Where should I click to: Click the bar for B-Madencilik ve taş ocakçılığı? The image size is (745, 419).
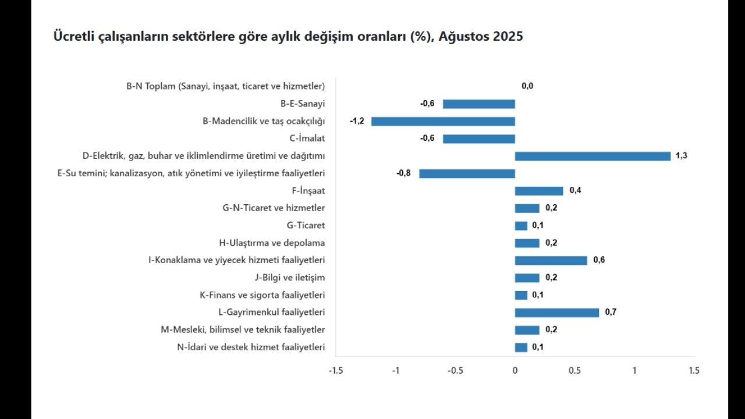tap(443, 121)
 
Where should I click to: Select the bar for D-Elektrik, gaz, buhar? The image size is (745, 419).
tap(593, 156)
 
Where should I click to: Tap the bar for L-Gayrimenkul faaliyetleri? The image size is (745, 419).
tap(556, 313)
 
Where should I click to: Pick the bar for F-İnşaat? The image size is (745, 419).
tap(539, 191)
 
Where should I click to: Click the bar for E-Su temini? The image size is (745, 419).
tap(467, 173)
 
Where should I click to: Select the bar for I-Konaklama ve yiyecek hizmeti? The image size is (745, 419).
tap(551, 260)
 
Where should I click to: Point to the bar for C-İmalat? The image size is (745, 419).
tap(478, 139)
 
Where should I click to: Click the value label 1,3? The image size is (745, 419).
tap(682, 156)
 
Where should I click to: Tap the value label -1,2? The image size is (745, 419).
tap(357, 121)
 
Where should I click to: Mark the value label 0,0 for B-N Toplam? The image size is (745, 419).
tap(527, 86)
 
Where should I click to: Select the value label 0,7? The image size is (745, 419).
tap(611, 313)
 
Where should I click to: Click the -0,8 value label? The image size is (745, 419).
tap(404, 173)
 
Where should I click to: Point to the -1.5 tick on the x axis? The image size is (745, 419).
tap(336, 371)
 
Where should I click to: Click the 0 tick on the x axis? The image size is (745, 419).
tap(515, 371)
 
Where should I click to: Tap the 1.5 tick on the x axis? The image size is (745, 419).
tap(694, 371)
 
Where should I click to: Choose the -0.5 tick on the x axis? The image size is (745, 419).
tap(455, 371)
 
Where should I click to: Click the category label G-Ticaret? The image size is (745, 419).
tap(306, 225)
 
